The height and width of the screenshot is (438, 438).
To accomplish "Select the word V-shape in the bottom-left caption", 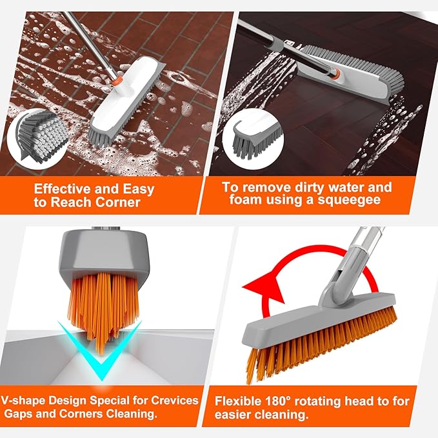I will click(31, 401).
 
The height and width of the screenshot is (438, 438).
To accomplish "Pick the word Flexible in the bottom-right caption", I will click(239, 401).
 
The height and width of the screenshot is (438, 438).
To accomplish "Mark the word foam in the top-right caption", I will click(241, 201).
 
